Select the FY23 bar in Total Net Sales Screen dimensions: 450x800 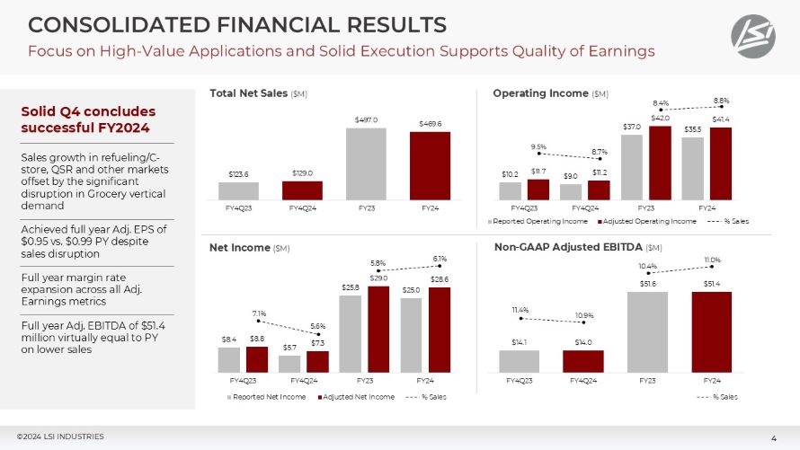[365, 163]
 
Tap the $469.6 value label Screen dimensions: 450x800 [430, 123]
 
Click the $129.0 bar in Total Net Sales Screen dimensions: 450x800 [302, 190]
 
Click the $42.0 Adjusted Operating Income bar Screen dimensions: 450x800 [660, 163]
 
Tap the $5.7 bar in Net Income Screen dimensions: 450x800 [289, 364]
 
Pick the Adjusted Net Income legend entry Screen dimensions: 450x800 [354, 396]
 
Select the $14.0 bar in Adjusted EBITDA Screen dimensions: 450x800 [583, 361]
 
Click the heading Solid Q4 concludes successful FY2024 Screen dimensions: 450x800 [88, 119]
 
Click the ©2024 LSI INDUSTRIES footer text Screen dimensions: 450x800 [59, 437]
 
